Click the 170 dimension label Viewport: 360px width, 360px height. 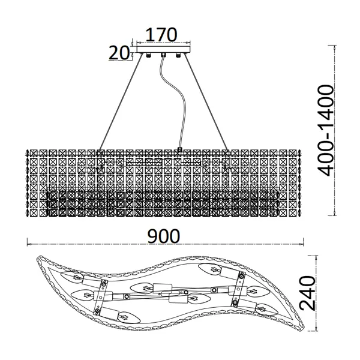coord(161,35)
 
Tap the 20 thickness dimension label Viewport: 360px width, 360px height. coord(119,53)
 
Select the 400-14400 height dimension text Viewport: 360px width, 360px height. coord(325,130)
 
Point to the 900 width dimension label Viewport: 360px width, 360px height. coord(164,236)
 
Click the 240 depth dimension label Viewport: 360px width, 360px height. coord(308,293)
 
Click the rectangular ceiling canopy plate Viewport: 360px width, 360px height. coord(163,50)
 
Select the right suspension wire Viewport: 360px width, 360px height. coord(206,102)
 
